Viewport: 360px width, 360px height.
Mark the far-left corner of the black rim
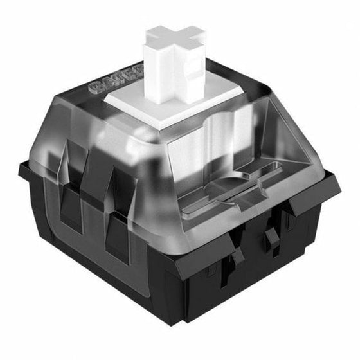pyautogui.click(x=21, y=168)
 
